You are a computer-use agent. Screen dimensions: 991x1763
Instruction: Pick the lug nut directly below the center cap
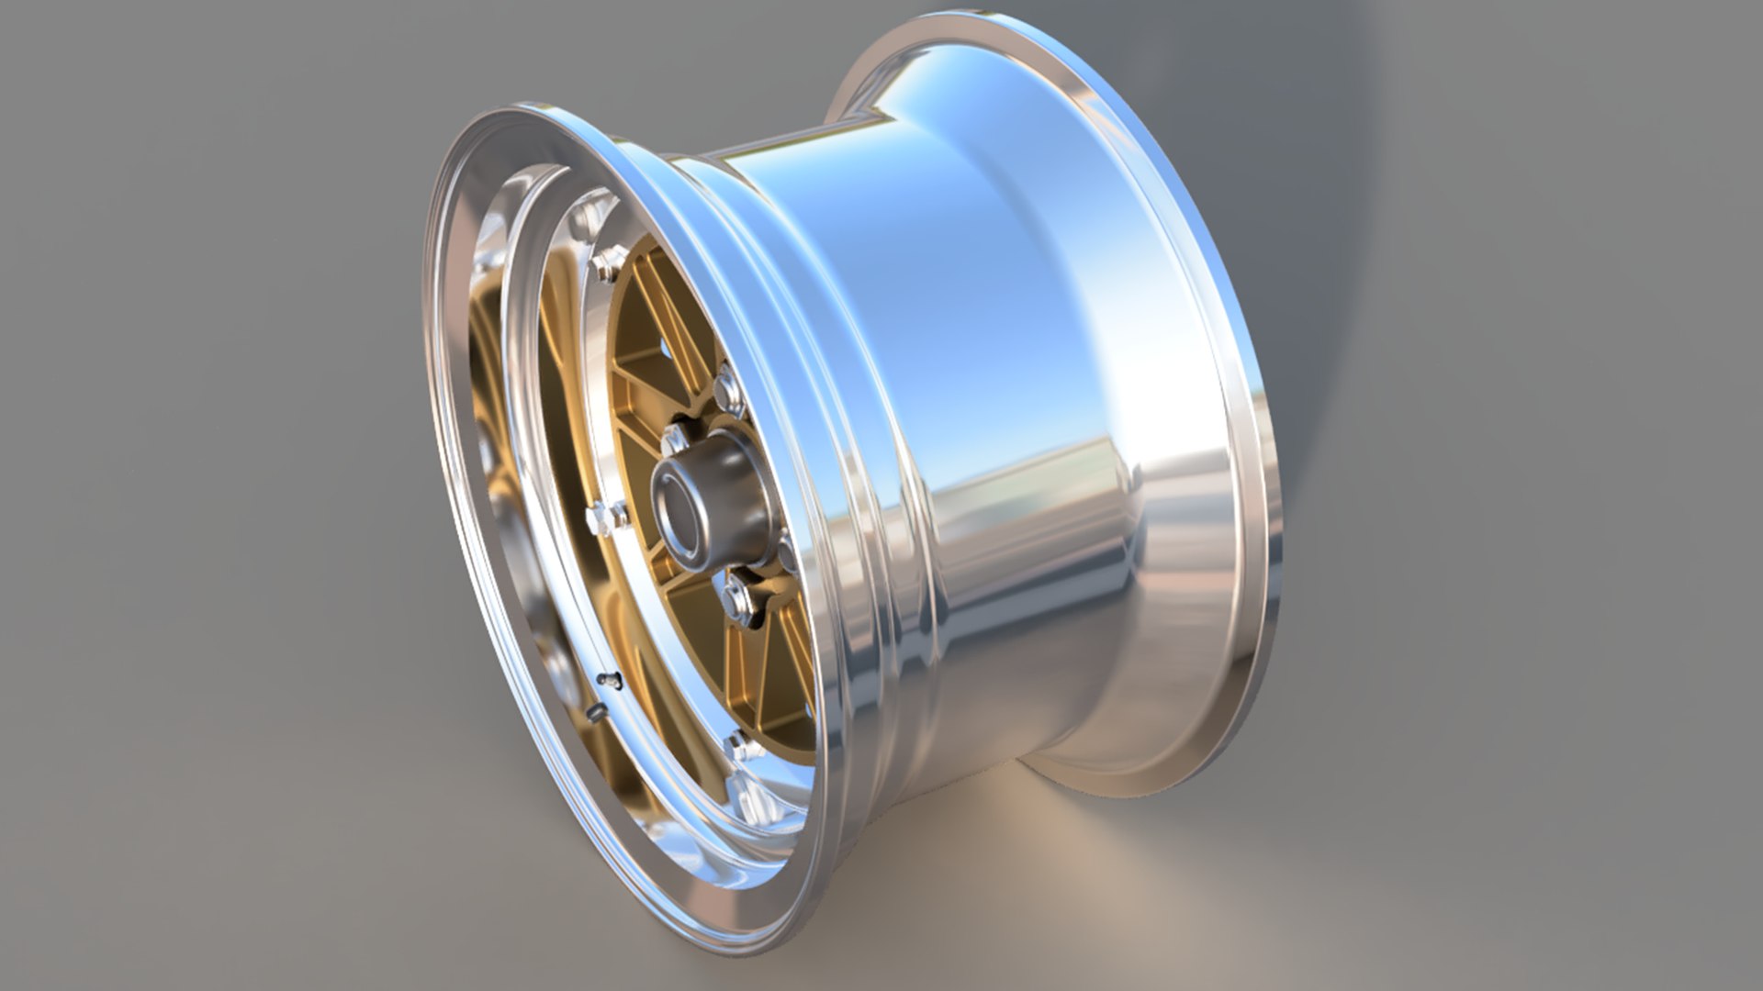(x=738, y=597)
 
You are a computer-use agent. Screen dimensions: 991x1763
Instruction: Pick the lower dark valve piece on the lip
(x=594, y=712)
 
